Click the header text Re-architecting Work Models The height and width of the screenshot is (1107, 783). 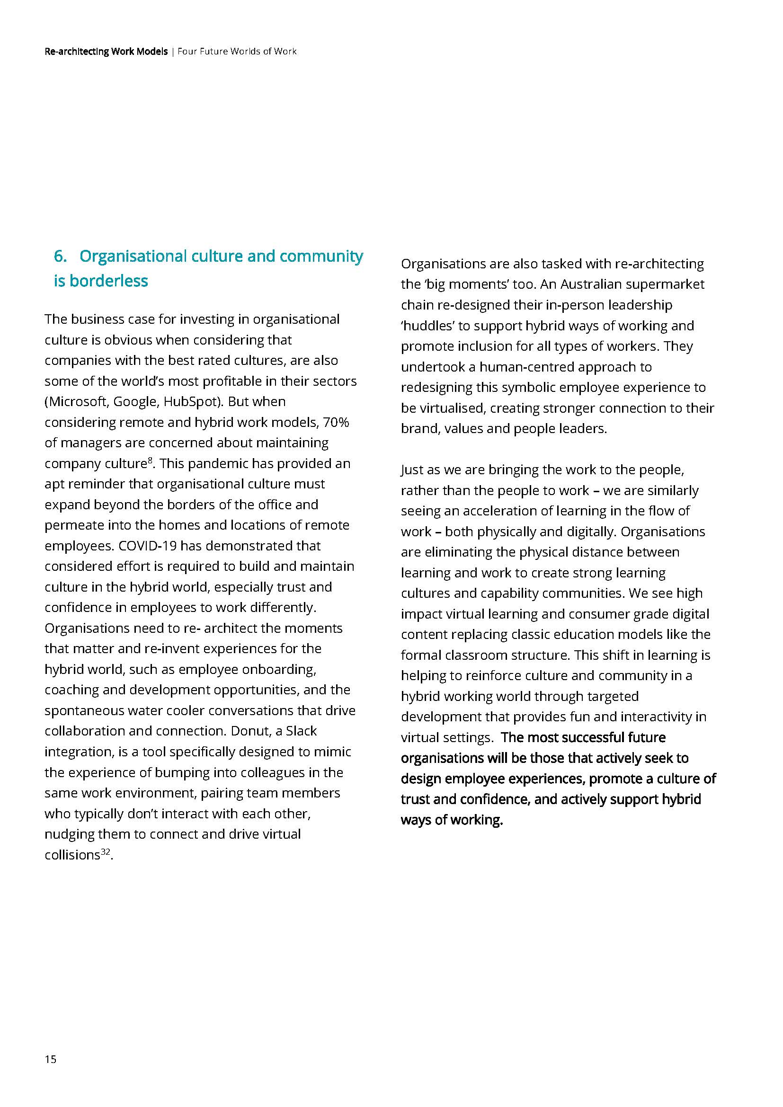coord(106,51)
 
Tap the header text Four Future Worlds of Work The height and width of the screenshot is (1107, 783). coord(237,51)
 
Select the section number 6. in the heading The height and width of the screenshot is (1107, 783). coord(60,256)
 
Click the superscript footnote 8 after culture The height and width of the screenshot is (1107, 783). coord(150,461)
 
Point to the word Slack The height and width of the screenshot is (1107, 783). coord(302,731)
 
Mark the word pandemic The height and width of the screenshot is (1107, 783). coord(217,463)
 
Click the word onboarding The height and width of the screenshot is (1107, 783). coord(279,669)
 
